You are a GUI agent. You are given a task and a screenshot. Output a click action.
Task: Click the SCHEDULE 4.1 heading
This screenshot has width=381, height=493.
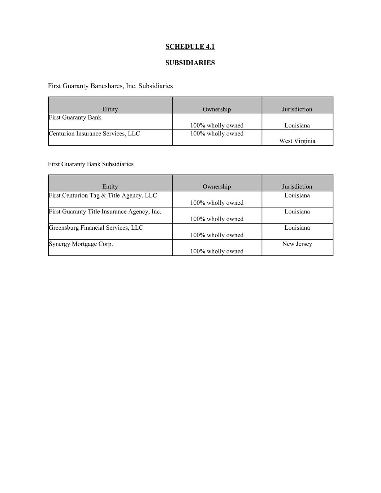190,47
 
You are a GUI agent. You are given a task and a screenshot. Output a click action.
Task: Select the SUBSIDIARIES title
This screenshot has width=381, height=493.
190,63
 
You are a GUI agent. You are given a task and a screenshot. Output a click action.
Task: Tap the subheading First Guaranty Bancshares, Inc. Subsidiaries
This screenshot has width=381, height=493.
110,86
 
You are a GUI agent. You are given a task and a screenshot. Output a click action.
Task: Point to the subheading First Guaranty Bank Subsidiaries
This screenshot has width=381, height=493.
91,164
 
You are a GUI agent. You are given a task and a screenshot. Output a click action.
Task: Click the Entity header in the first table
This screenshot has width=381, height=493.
110,109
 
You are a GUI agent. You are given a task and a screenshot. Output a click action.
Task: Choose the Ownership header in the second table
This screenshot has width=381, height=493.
217,186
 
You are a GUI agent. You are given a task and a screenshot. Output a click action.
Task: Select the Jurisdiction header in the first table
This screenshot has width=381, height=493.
297,109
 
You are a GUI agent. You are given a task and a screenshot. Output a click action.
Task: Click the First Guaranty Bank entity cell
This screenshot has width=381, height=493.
75,117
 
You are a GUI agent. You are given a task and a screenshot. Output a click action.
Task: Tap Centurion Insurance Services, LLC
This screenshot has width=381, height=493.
94,134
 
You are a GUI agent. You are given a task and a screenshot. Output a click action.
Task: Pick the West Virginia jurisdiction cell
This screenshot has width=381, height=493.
297,141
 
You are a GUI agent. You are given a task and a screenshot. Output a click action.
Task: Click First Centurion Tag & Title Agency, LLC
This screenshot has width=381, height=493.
103,195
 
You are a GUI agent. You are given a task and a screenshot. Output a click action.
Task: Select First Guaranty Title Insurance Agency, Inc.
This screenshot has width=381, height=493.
105,212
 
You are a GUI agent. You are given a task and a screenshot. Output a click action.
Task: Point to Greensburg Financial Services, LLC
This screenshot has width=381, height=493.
96,228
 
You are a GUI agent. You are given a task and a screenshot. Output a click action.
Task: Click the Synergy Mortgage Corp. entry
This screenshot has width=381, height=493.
81,244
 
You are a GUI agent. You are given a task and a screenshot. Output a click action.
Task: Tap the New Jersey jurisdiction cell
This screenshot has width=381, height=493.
297,244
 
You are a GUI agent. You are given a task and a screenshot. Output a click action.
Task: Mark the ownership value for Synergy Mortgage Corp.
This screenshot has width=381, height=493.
217,251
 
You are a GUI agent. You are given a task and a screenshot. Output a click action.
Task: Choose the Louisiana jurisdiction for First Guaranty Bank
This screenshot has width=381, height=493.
297,126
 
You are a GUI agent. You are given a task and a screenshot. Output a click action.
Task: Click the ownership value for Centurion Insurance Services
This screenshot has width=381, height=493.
217,134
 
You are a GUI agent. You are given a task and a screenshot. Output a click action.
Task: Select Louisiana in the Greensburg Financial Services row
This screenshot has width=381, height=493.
297,228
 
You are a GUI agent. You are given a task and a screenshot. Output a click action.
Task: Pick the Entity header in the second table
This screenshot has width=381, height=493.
110,186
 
